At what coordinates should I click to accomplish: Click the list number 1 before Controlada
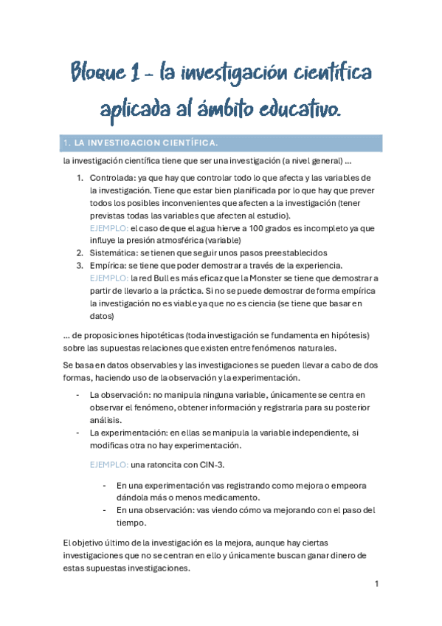coord(80,178)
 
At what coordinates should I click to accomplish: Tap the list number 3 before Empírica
coord(80,265)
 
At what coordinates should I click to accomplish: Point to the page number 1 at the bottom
coord(376,584)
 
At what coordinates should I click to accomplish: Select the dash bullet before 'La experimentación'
coord(79,433)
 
